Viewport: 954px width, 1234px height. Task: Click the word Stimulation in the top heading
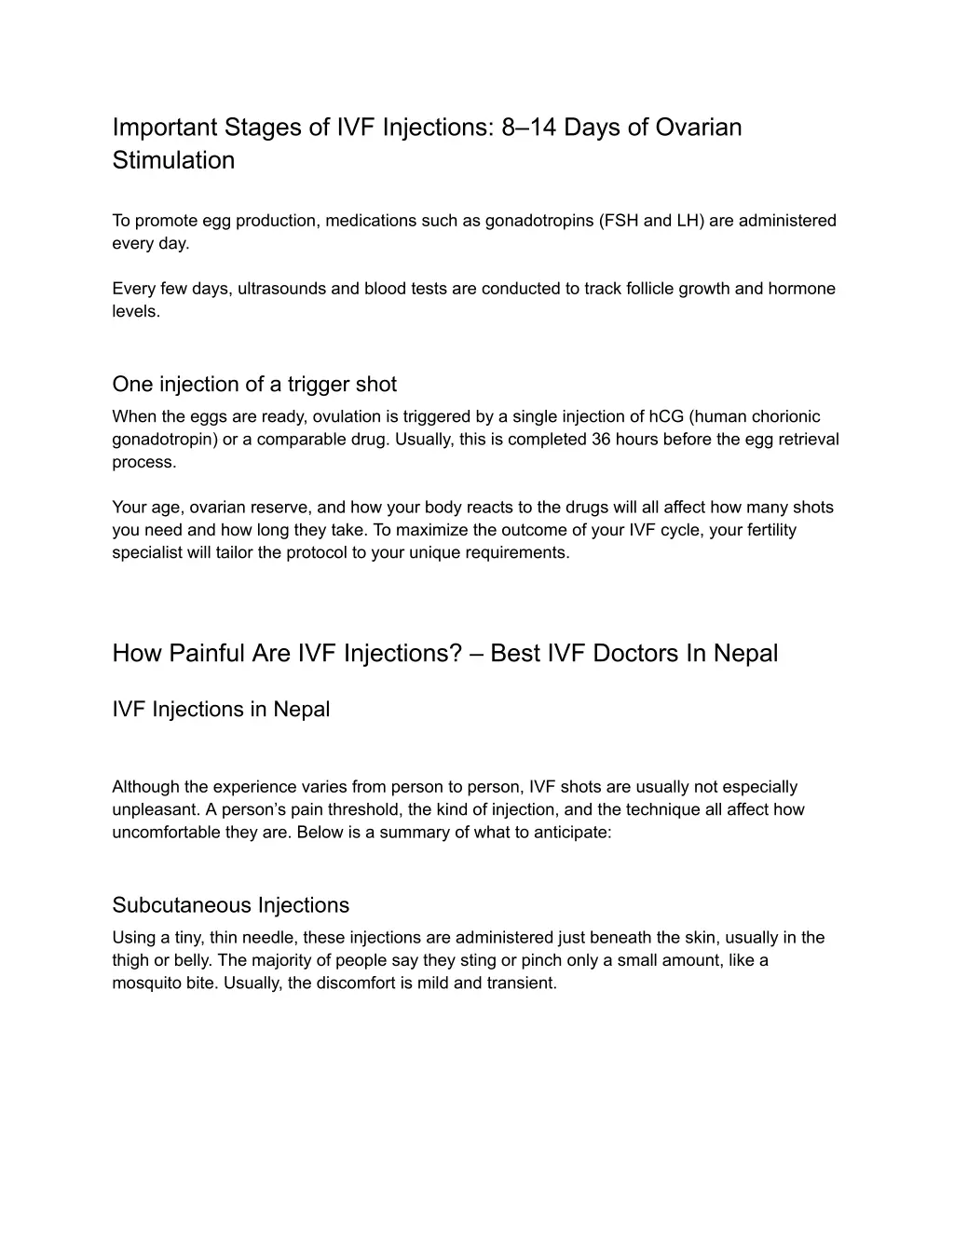173,160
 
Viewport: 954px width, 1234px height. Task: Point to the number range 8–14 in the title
529,127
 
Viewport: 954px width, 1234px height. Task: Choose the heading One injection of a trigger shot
254,384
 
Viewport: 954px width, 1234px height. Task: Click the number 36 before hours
601,439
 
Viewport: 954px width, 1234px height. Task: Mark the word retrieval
805,439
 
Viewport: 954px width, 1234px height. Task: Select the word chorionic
785,416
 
